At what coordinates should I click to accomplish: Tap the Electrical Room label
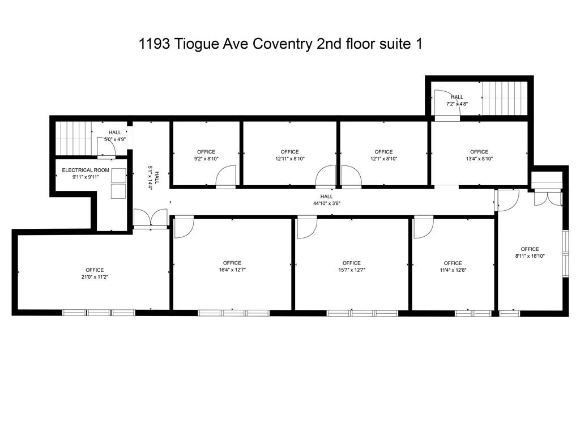[x=86, y=170]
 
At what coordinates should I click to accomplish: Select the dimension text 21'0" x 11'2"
[x=95, y=277]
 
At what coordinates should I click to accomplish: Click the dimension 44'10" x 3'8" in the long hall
[x=327, y=203]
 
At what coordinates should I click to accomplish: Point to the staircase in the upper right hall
[x=504, y=98]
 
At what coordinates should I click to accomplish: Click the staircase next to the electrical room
[x=74, y=138]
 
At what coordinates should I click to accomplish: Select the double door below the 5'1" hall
[x=151, y=218]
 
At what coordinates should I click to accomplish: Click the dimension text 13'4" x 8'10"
[x=479, y=159]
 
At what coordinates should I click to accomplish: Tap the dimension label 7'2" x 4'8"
[x=457, y=104]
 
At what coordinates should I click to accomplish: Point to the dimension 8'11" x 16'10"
[x=530, y=256]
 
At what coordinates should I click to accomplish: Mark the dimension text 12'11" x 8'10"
[x=289, y=159]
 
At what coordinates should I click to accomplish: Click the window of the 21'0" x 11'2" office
[x=99, y=312]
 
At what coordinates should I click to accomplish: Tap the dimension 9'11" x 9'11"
[x=85, y=177]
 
